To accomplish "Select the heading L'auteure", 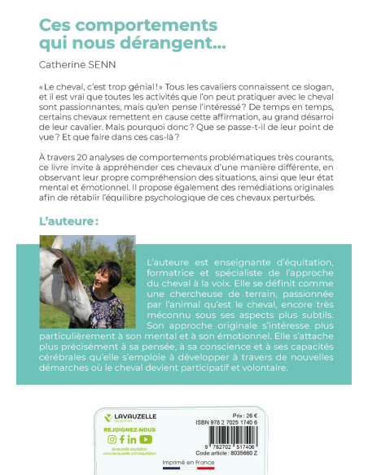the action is (69, 220).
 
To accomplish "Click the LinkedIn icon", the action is (134, 439).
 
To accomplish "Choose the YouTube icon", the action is (146, 439).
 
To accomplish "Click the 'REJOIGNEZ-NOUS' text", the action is (129, 429).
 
